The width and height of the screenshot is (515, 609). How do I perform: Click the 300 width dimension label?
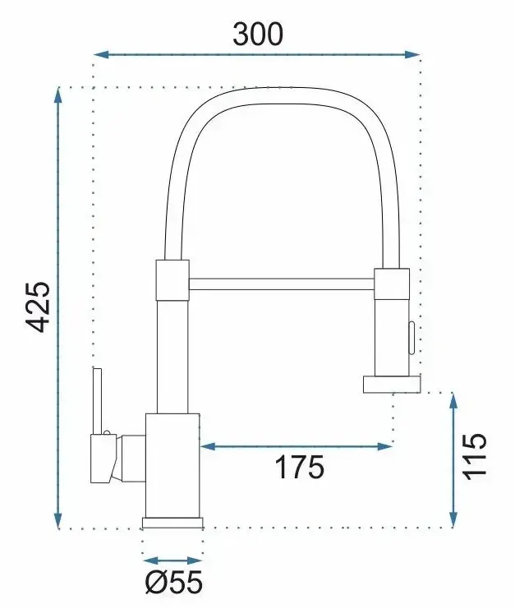point(258,34)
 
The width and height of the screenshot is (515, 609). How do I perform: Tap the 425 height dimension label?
point(39,307)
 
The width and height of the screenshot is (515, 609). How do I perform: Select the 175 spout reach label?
point(299,467)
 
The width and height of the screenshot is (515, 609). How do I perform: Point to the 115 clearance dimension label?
point(474,456)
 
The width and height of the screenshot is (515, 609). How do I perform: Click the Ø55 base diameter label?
point(174,582)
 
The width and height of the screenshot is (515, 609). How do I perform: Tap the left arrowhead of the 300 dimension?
point(100,54)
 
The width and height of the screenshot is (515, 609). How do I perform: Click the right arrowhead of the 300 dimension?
point(412,54)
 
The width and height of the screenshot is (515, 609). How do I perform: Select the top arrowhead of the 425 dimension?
point(57,95)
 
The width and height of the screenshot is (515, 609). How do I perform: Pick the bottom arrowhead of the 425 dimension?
point(57,520)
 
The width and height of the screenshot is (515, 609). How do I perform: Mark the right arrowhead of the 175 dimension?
point(385,446)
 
